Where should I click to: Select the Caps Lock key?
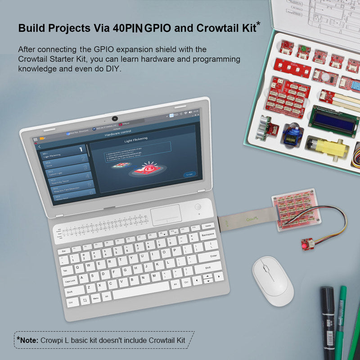coord(70,281)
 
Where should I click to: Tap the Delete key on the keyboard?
coord(207,226)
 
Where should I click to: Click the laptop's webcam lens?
coord(115,118)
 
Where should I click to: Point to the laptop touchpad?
coord(166,215)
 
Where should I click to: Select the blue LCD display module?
coord(333,120)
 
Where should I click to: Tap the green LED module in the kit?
coord(303,48)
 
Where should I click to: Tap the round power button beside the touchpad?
coord(198,207)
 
